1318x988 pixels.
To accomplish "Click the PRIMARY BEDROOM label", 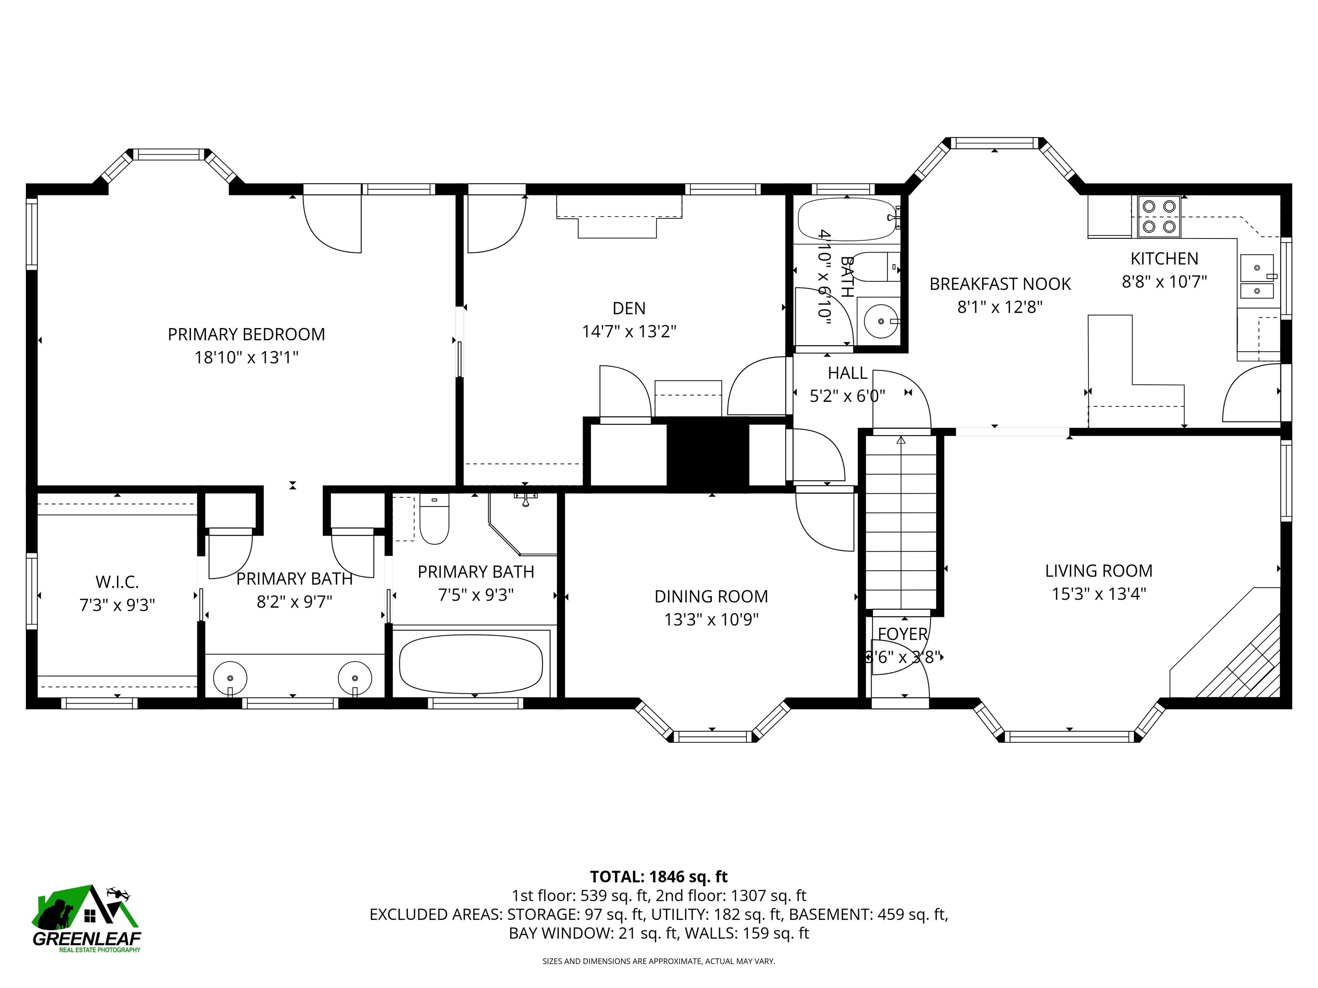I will point(246,334).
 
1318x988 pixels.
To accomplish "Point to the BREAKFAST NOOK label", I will point(1000,284).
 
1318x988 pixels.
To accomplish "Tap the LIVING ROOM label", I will point(1098,570).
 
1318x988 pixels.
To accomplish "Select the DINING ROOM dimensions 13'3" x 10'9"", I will point(711,620).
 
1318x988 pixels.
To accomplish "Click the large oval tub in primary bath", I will point(471,664).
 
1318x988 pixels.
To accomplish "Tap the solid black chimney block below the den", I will point(707,455).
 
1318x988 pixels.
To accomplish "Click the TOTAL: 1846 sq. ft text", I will point(659,877).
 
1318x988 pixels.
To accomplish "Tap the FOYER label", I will point(902,634).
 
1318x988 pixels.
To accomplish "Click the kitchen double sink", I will point(1257,277).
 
